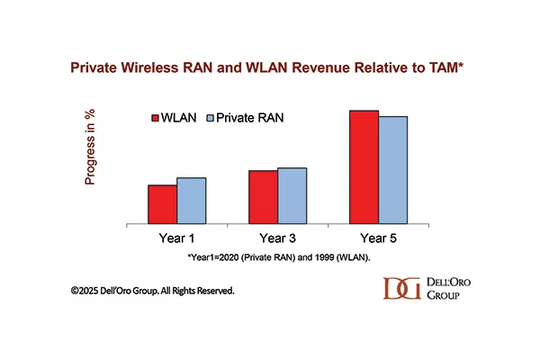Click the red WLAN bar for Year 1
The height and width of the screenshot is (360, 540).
163,204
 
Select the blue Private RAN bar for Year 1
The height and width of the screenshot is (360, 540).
192,201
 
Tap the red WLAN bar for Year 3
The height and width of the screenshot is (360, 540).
263,197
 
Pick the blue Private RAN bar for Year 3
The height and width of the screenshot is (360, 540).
292,196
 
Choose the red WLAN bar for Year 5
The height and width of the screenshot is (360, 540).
364,167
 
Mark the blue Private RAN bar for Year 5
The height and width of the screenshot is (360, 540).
393,170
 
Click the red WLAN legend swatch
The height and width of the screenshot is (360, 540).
155,118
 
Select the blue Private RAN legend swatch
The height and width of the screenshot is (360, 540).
210,118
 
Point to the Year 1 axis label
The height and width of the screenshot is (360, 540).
176,238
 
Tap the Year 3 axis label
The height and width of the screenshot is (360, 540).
277,238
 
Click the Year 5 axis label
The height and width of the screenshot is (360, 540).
378,238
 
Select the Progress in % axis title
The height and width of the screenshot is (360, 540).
89,147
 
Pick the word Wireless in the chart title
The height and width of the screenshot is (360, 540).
149,67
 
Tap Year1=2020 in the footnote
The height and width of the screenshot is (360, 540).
212,257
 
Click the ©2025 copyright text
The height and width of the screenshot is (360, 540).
85,291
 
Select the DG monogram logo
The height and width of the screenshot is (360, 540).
402,288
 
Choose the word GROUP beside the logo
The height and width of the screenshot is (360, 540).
443,295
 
